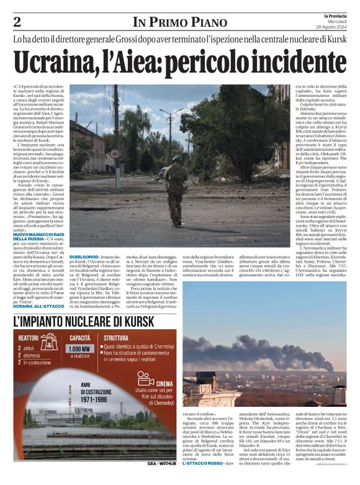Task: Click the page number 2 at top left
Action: click(x=17, y=22)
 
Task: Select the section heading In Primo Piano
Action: click(x=179, y=22)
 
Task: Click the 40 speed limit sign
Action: click(x=115, y=153)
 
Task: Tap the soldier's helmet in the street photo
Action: click(x=177, y=159)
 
